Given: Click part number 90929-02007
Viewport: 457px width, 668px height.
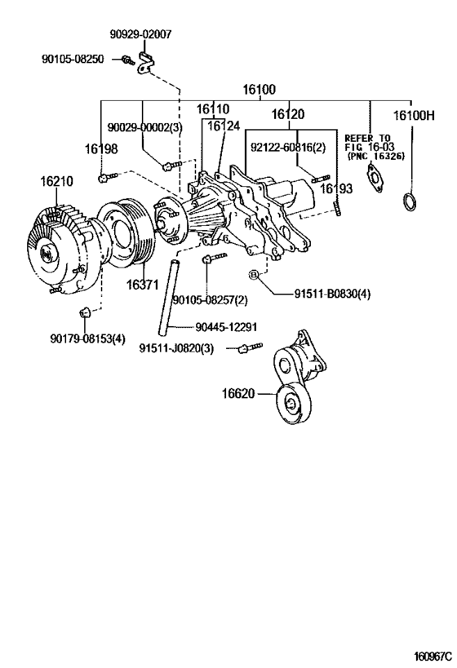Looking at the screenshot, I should [141, 35].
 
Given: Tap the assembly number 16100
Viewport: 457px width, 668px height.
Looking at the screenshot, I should [259, 90].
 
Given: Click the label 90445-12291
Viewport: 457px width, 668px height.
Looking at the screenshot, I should [224, 327].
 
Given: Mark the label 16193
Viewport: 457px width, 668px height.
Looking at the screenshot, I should [335, 188].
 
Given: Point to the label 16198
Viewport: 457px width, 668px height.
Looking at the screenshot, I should [100, 148].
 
